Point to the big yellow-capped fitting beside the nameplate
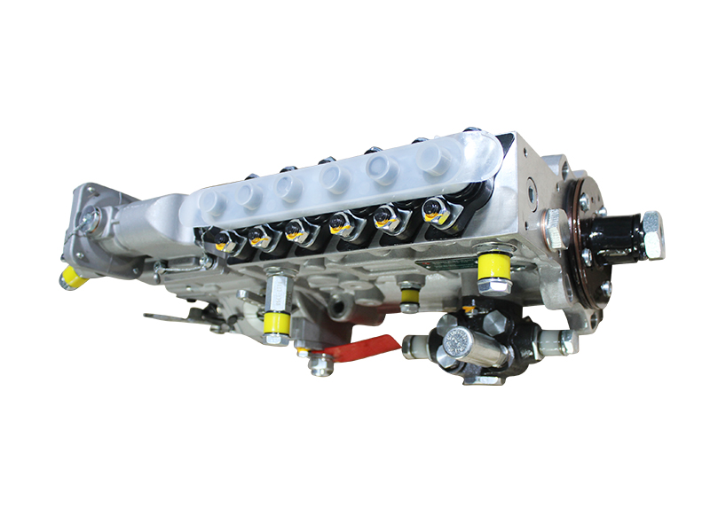(x=493, y=270)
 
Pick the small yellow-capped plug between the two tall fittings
(x=408, y=293)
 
